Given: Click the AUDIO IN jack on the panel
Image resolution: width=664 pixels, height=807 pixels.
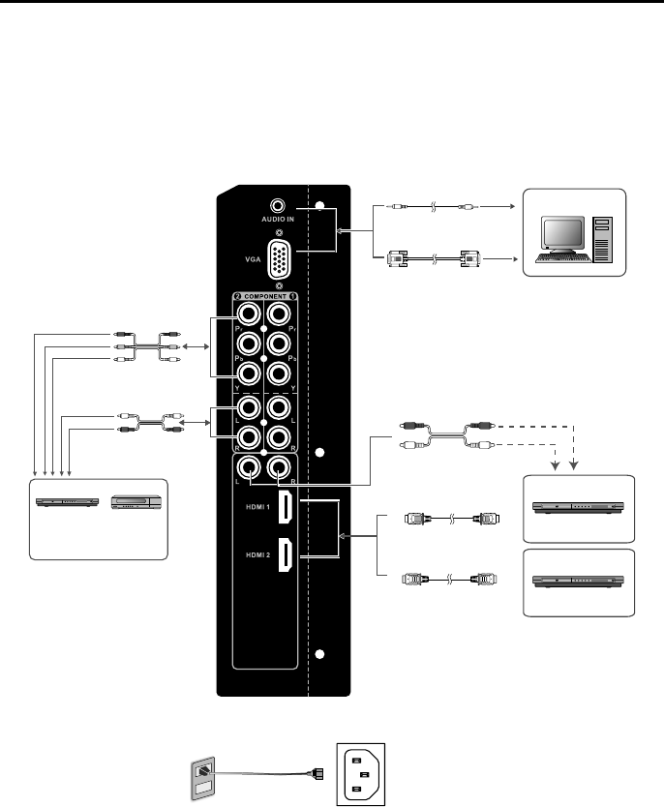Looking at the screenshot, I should (x=279, y=206).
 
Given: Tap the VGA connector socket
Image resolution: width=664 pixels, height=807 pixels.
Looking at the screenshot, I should (x=279, y=258).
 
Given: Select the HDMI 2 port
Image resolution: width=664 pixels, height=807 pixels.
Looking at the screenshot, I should (x=287, y=556).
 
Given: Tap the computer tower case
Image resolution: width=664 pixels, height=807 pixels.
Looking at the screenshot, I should (x=603, y=239).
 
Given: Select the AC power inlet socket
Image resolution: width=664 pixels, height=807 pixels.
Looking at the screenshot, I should (x=360, y=773).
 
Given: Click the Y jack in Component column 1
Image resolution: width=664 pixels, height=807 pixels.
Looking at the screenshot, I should (x=279, y=374).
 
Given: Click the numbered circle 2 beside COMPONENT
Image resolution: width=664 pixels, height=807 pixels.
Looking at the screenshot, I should (x=235, y=295).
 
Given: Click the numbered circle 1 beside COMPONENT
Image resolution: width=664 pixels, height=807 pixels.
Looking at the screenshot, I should (x=293, y=295).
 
